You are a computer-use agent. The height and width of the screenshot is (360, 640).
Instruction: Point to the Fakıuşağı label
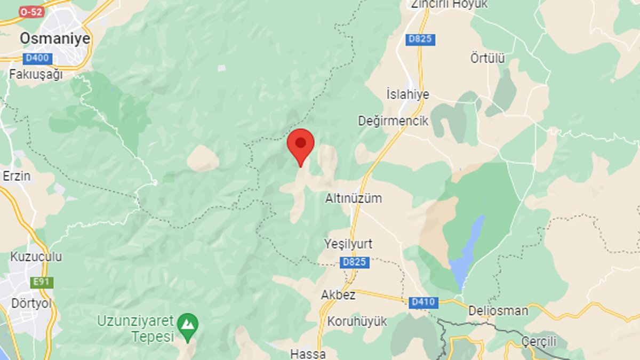click(x=36, y=74)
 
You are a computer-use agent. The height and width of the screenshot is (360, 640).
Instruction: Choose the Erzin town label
click(x=17, y=176)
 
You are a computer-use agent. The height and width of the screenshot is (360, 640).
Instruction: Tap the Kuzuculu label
click(x=36, y=257)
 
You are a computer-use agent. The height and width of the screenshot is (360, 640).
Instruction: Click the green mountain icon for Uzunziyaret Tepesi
click(x=188, y=323)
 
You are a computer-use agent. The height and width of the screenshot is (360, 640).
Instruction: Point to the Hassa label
click(x=308, y=353)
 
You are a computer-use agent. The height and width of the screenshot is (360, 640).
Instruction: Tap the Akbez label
click(x=338, y=294)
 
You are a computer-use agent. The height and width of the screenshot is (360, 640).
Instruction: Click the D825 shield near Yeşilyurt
click(x=354, y=262)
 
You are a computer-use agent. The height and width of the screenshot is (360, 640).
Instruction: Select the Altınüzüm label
click(x=354, y=198)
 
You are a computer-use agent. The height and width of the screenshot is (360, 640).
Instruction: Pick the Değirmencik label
click(x=393, y=121)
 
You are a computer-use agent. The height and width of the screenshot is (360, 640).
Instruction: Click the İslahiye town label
click(x=407, y=94)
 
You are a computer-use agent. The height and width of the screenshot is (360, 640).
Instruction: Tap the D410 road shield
click(x=424, y=302)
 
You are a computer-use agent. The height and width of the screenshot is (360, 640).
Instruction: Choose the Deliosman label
click(x=498, y=310)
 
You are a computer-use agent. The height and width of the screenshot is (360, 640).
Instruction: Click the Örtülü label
click(x=487, y=58)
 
